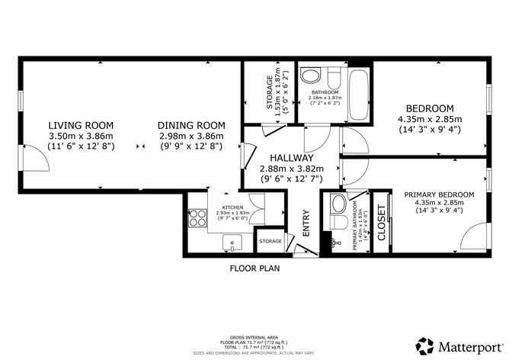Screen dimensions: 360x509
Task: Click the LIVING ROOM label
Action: tap(81, 126)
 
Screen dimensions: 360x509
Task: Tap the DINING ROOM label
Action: tap(191, 126)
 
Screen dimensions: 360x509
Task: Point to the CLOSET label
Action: tap(382, 221)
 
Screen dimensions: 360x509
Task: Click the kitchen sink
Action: tap(232, 243)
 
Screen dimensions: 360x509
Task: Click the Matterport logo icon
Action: tap(423, 344)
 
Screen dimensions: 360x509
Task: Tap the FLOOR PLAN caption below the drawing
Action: tap(254, 268)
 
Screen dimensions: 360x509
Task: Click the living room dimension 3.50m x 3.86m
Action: tap(81, 136)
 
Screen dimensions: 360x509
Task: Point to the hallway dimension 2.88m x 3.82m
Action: tap(292, 169)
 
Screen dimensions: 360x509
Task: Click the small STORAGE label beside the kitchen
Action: tap(271, 242)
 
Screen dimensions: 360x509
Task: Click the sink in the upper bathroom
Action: tap(310, 76)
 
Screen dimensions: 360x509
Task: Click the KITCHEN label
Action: tap(232, 207)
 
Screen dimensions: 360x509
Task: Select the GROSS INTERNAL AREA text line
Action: tap(254, 336)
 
